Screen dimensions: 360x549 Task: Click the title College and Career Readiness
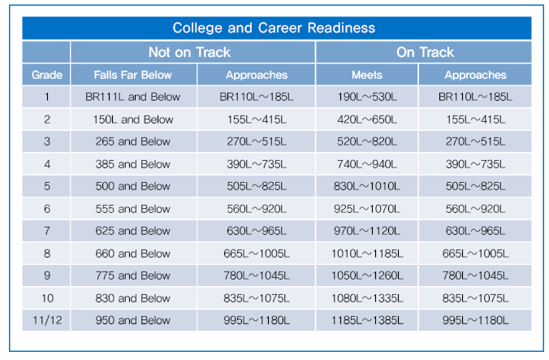pos(274,28)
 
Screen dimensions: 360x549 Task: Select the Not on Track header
pos(189,52)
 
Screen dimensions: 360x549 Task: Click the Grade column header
pos(46,75)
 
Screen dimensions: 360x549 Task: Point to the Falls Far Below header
pos(132,75)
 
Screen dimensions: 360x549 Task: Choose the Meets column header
pos(366,75)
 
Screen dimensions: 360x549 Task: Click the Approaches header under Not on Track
pos(256,75)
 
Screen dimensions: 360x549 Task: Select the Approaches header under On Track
pos(475,75)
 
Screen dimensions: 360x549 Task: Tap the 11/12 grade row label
pos(46,320)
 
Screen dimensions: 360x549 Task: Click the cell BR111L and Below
pos(132,97)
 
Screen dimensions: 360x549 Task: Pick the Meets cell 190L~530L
pos(366,97)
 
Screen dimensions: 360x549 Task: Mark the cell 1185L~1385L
pos(366,320)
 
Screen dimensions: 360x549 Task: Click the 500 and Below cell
pos(132,186)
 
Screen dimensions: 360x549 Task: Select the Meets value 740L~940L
pos(366,164)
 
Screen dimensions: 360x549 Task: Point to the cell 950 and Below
pos(132,320)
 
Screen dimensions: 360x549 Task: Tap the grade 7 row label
pos(46,231)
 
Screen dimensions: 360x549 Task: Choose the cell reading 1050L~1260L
pos(366,275)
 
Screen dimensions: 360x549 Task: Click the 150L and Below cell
pos(132,119)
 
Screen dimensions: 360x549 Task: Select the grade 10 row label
pos(46,298)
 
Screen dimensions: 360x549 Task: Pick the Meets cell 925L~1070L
pos(366,209)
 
